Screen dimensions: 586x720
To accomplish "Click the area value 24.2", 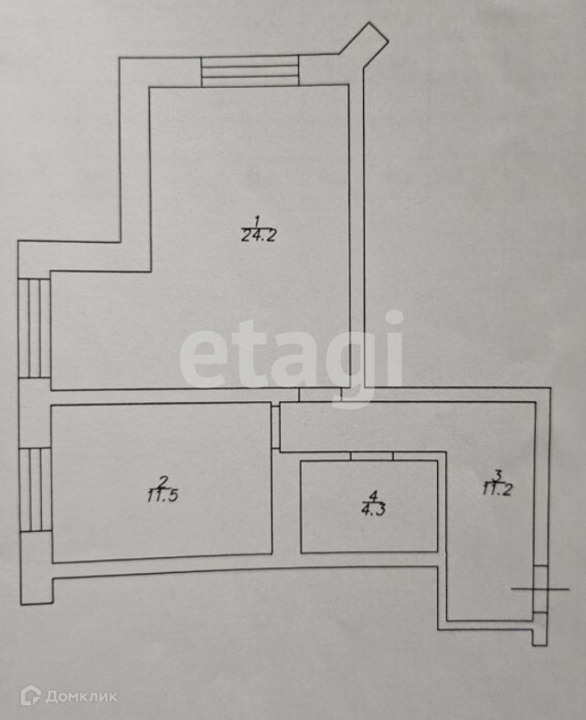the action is [258, 235].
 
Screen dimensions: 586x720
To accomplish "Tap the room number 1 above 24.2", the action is [258, 220].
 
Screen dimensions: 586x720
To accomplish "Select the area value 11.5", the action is [161, 496].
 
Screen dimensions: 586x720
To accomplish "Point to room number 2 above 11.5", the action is [162, 482].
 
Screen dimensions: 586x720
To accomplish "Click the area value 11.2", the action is [498, 488].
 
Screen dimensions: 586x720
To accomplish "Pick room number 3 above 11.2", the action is [498, 474].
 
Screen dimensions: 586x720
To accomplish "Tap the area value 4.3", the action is [373, 510].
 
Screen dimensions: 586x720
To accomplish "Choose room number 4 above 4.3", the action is [373, 496].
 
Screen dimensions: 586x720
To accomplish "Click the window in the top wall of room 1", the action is [250, 71].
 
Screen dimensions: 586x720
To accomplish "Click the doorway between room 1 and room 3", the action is [321, 395].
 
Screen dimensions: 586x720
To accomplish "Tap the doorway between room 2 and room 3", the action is [275, 427].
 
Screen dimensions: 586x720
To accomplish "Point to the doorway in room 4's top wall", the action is [371, 455].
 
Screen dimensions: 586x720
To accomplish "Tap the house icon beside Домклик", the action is [30, 695].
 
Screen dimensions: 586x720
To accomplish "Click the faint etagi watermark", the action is [293, 352].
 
